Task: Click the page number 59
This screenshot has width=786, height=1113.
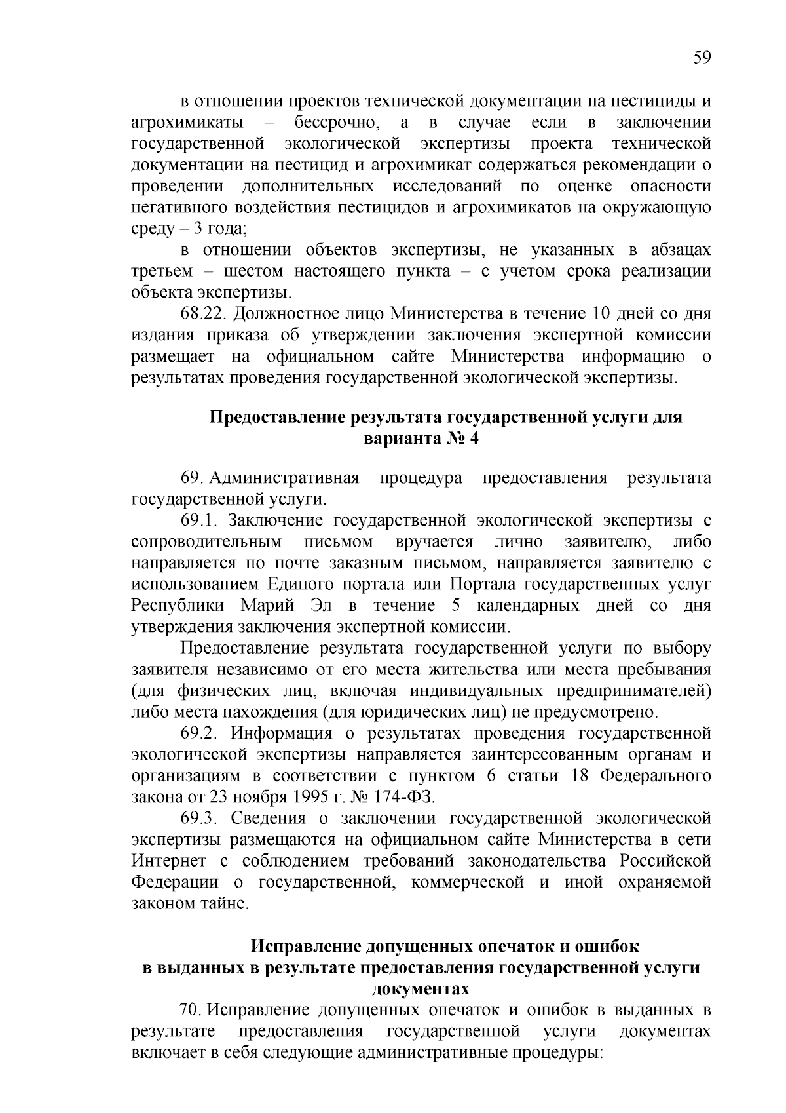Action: click(x=702, y=58)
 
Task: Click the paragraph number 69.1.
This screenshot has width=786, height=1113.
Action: click(x=198, y=520)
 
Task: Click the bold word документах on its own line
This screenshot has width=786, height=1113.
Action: click(x=421, y=988)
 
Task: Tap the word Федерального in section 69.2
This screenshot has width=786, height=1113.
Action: click(x=655, y=775)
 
